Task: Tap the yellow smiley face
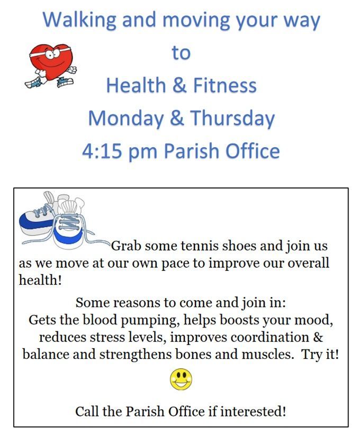[181, 379]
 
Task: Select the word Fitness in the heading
[225, 85]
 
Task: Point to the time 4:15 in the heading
[102, 151]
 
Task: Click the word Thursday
[232, 119]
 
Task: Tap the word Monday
[125, 119]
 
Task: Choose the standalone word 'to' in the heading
[181, 53]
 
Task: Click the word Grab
[127, 246]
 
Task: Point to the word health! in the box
[40, 280]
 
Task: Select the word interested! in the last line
[253, 412]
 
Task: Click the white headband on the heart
[51, 51]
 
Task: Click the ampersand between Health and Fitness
[179, 85]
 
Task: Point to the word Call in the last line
[87, 412]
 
